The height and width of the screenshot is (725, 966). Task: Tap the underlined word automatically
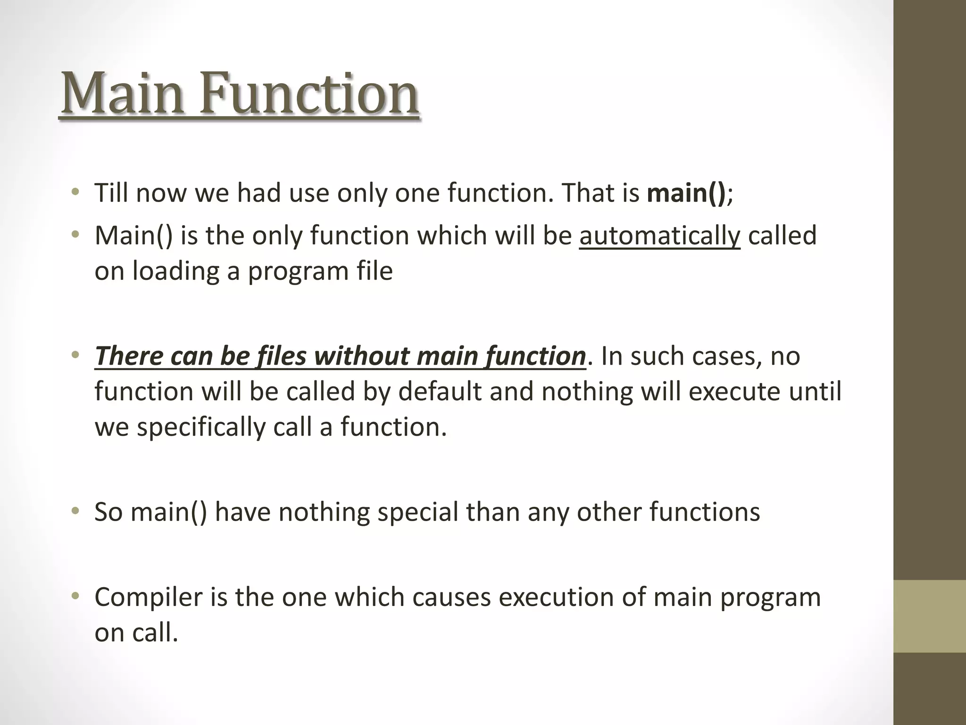point(659,236)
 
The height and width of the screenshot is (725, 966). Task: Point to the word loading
point(175,272)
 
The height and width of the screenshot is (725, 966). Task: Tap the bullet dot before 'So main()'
point(75,512)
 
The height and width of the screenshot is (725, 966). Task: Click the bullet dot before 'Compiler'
point(75,597)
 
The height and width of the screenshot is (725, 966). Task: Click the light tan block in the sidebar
point(929,616)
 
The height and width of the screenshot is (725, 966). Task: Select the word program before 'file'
point(297,272)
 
